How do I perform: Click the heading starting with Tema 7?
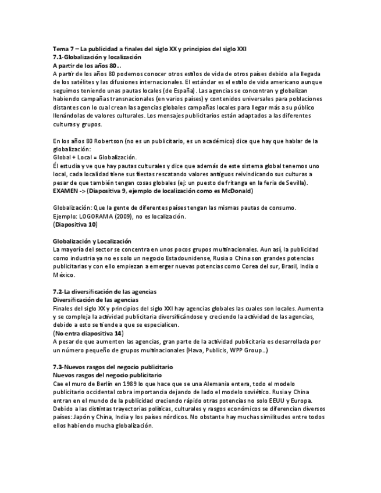click(x=149, y=49)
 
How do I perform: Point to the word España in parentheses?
click(x=183, y=91)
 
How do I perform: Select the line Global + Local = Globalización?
click(x=95, y=158)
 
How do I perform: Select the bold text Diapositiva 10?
click(x=75, y=224)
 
